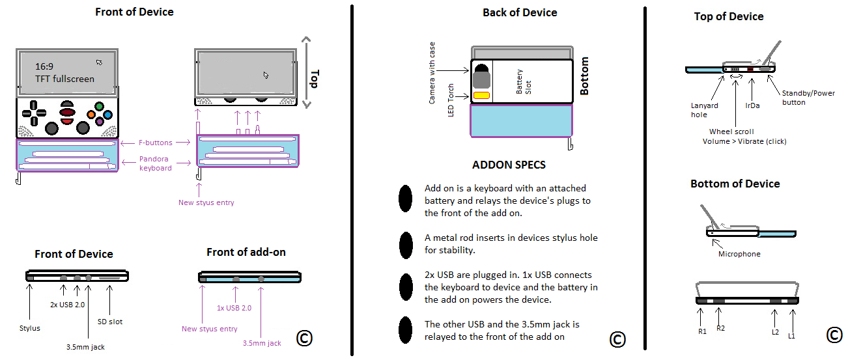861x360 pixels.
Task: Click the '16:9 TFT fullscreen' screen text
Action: (x=64, y=73)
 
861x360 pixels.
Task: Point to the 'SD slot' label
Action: (x=109, y=322)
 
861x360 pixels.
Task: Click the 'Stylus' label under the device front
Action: (x=29, y=328)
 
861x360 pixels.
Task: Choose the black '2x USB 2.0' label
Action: (x=67, y=304)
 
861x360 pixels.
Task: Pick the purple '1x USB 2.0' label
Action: (x=234, y=308)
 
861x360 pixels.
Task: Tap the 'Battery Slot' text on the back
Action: (x=524, y=82)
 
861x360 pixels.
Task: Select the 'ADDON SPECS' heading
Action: (x=509, y=165)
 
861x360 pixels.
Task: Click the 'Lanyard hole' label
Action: (x=705, y=109)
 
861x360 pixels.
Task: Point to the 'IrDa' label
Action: (x=753, y=105)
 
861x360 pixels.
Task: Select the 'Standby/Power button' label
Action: (x=808, y=98)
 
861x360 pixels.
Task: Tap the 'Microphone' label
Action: (x=739, y=254)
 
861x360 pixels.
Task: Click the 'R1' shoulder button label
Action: (x=702, y=332)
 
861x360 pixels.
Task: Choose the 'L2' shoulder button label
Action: (x=774, y=332)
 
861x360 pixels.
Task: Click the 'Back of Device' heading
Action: (x=520, y=12)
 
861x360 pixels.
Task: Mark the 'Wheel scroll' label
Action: (x=731, y=132)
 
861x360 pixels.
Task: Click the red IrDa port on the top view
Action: (x=750, y=68)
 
